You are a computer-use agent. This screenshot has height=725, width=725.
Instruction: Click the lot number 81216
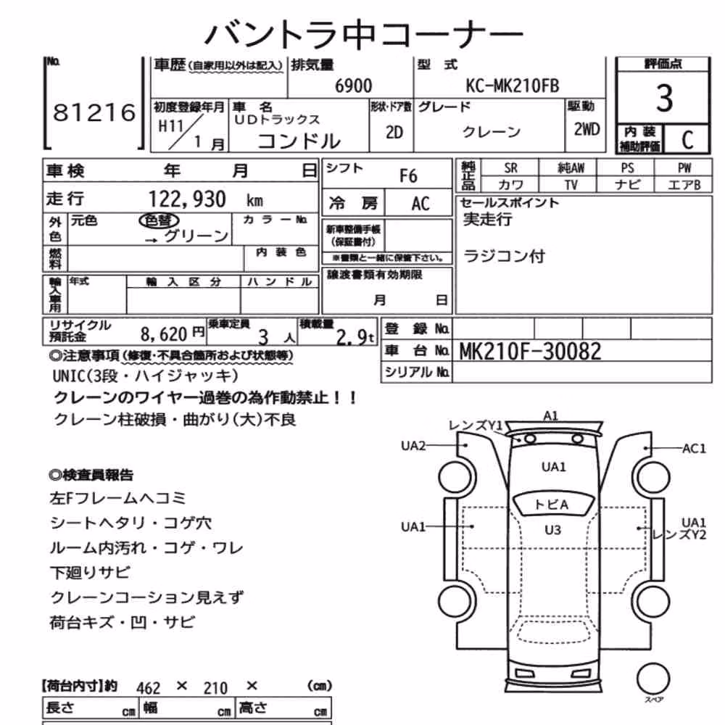[94, 112]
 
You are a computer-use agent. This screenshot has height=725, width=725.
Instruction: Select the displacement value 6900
[353, 86]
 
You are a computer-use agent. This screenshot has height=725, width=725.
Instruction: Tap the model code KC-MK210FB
[513, 86]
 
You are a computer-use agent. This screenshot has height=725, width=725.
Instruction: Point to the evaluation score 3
[664, 98]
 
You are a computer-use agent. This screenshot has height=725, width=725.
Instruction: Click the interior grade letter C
[687, 140]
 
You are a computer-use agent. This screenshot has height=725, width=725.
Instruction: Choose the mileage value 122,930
[187, 199]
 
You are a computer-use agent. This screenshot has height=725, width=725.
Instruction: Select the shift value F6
[408, 176]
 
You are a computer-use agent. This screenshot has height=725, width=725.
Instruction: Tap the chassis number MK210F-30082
[531, 352]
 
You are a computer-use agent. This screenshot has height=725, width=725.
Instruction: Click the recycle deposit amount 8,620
[164, 333]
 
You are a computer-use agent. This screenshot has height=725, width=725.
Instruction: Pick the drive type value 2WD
[587, 130]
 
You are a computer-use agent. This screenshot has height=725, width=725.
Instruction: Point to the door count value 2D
[394, 133]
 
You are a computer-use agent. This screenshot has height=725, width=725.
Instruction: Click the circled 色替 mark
[159, 220]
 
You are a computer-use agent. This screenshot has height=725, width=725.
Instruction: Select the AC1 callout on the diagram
[694, 448]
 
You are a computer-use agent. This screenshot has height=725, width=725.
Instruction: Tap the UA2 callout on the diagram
[413, 446]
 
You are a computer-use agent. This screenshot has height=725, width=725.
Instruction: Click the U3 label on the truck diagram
[553, 530]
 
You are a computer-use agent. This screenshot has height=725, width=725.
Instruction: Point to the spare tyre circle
[653, 679]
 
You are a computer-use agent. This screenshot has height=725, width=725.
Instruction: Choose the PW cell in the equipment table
[684, 168]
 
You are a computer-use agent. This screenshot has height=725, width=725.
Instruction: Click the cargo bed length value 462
[149, 688]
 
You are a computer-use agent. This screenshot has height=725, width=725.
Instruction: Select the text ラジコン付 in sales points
[504, 256]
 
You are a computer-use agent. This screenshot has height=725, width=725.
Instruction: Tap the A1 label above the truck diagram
[550, 416]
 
